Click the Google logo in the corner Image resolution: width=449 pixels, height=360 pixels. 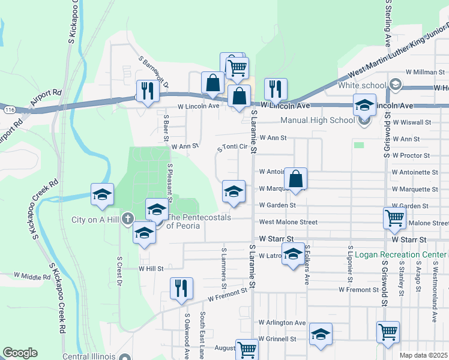click(x=20, y=353)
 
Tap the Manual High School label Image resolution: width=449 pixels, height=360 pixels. click(x=326, y=120)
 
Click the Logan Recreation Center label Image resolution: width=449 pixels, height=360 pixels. click(x=400, y=254)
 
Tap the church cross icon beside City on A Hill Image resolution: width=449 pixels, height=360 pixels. click(x=127, y=219)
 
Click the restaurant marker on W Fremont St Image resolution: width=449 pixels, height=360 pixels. click(x=181, y=288)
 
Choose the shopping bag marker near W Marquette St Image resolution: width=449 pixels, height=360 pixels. click(x=295, y=178)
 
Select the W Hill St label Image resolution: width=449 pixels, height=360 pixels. click(x=151, y=269)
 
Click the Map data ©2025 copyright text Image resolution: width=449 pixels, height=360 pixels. click(x=423, y=355)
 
